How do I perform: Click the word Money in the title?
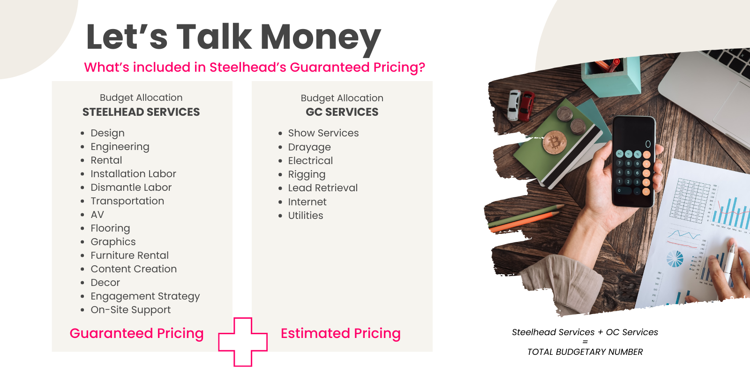click(x=321, y=37)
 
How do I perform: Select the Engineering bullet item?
click(x=120, y=147)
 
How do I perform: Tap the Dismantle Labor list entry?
click(x=131, y=187)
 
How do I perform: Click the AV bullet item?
click(x=97, y=214)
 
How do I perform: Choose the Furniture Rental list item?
click(x=129, y=255)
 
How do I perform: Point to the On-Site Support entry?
click(x=131, y=310)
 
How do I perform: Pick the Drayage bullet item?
click(x=309, y=147)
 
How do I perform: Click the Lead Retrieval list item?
click(x=323, y=188)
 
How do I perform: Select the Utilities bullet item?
click(x=305, y=215)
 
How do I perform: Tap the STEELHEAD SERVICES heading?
click(x=141, y=112)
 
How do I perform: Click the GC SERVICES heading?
click(x=342, y=112)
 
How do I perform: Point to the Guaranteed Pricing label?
click(x=136, y=333)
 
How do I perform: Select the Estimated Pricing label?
click(x=340, y=333)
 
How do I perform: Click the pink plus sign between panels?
click(x=243, y=342)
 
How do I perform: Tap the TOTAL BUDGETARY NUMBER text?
click(x=585, y=352)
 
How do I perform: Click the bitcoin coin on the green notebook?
click(x=555, y=142)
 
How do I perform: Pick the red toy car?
click(x=527, y=106)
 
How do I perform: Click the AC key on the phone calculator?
click(x=619, y=154)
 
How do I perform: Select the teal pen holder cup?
click(x=611, y=77)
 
